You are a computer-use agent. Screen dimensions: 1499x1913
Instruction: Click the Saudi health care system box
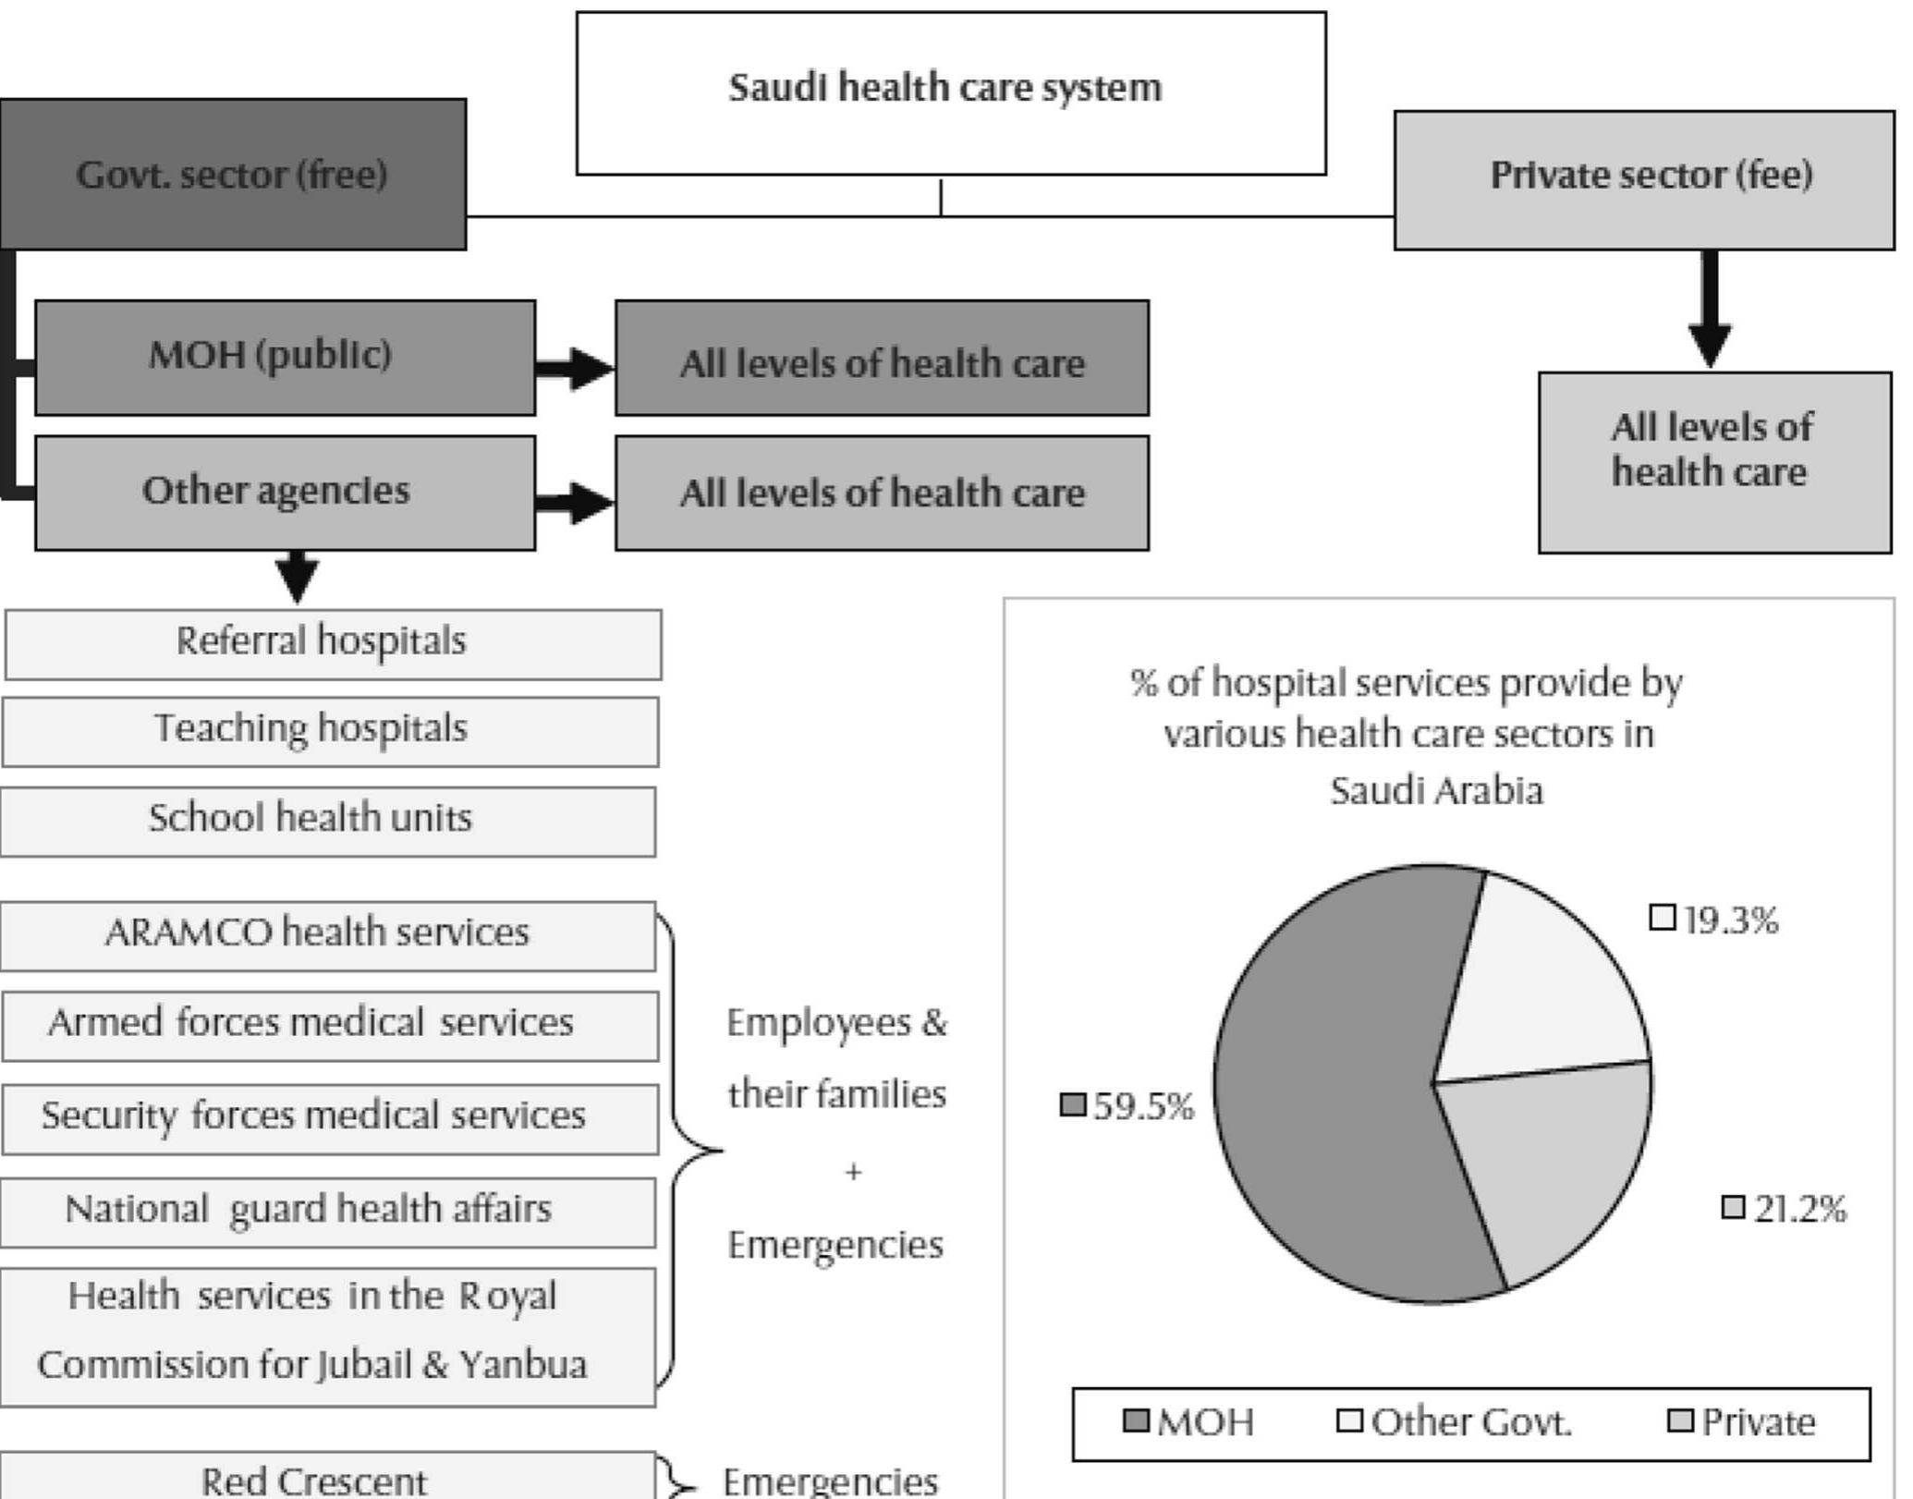(950, 92)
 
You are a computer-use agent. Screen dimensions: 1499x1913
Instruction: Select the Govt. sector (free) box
(233, 175)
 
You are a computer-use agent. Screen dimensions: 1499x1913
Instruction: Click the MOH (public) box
(285, 357)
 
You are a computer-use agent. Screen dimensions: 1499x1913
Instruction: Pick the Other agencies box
(285, 493)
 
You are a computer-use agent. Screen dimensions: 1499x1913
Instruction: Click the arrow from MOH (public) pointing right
(575, 368)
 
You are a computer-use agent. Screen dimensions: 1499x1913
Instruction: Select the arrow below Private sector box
(1709, 310)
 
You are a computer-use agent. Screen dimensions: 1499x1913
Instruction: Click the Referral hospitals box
(333, 643)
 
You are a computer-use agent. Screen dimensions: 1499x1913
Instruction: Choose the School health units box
(328, 821)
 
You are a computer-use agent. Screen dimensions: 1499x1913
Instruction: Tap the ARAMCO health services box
(328, 935)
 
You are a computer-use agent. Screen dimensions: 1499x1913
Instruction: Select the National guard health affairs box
(328, 1212)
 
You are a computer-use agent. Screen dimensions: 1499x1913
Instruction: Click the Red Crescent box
(328, 1479)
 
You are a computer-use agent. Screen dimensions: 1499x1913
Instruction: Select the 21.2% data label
(1785, 1208)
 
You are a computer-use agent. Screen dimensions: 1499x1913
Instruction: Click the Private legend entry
(1742, 1421)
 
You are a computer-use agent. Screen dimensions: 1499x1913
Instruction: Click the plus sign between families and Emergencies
(852, 1172)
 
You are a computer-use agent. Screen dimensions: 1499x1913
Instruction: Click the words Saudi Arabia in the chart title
(1435, 791)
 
